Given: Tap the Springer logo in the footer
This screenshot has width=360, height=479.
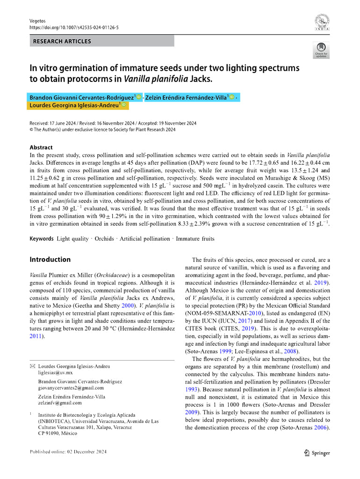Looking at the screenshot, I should (317, 453).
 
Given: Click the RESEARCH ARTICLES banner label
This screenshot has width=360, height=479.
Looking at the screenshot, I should (62, 41).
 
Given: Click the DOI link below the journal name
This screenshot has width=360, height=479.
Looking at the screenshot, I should (74, 28).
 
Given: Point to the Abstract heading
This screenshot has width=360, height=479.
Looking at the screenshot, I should (41, 147).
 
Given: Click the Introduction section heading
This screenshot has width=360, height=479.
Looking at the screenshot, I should (50, 260).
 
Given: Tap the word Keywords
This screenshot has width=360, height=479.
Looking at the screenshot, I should (42, 239).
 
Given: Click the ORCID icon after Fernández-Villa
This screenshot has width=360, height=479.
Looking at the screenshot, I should (232, 97).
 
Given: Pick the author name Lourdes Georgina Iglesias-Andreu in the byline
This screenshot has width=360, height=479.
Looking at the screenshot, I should (74, 105).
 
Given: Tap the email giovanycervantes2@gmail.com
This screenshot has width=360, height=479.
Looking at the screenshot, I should (71, 388).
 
